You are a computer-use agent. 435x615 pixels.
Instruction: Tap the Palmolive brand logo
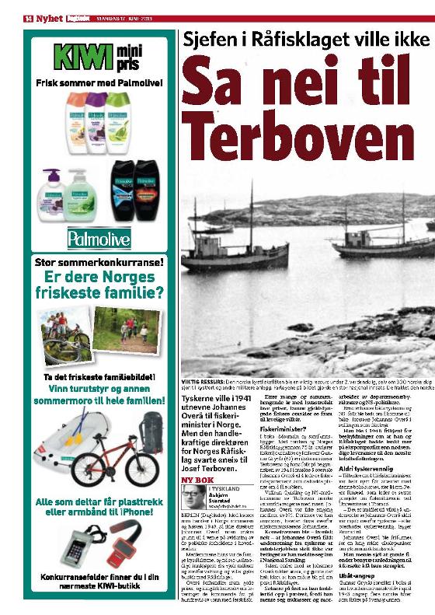click(99, 236)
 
